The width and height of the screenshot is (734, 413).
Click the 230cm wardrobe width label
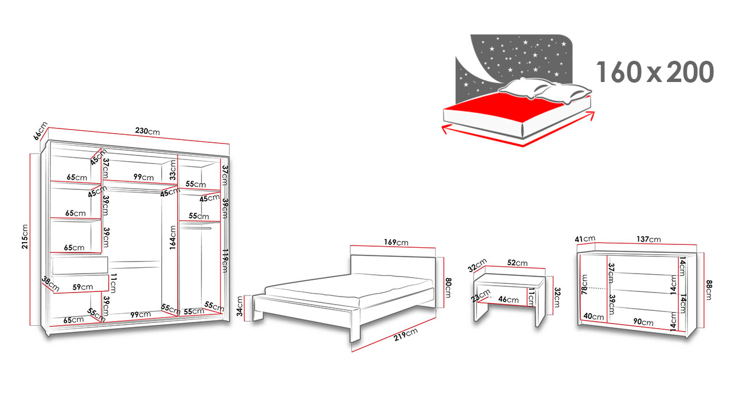(x=147, y=131)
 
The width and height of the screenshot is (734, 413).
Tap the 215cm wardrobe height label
(x=25, y=237)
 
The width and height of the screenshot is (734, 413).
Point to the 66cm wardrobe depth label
(x=41, y=131)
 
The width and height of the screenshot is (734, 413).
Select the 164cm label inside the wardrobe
(x=173, y=237)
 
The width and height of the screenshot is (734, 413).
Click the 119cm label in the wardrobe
(x=225, y=261)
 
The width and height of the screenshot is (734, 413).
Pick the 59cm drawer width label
(x=83, y=287)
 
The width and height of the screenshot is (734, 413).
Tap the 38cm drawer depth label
(x=50, y=284)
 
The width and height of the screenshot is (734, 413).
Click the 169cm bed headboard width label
(x=396, y=243)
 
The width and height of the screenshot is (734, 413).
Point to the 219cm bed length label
(x=405, y=334)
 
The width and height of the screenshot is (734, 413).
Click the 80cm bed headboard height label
(x=448, y=287)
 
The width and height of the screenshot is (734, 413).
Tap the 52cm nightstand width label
(x=517, y=263)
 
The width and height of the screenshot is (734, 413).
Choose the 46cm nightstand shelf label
(x=509, y=299)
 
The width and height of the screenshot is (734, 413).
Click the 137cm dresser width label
(x=649, y=239)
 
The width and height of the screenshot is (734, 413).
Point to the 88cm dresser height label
(x=709, y=290)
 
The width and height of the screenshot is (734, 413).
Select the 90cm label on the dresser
(x=643, y=322)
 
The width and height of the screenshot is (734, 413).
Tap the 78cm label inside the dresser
(x=584, y=285)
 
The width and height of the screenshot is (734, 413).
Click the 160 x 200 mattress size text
(x=655, y=72)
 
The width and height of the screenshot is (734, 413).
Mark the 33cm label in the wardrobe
(x=173, y=170)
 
